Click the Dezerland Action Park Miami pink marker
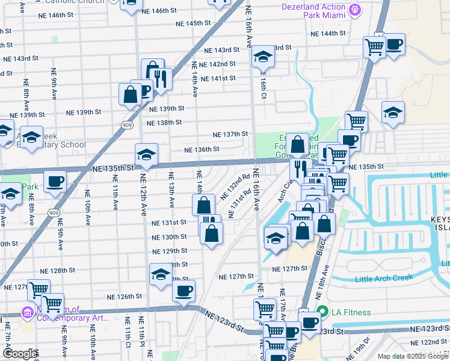(x=356, y=10)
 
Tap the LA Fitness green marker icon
(x=322, y=312)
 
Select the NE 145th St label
(x=193, y=23)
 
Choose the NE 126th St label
(x=125, y=297)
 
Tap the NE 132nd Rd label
(x=235, y=186)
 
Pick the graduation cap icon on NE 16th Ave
(x=263, y=57)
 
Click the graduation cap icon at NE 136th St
(x=146, y=155)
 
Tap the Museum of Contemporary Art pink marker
(x=27, y=313)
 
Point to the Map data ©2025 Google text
(x=412, y=356)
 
